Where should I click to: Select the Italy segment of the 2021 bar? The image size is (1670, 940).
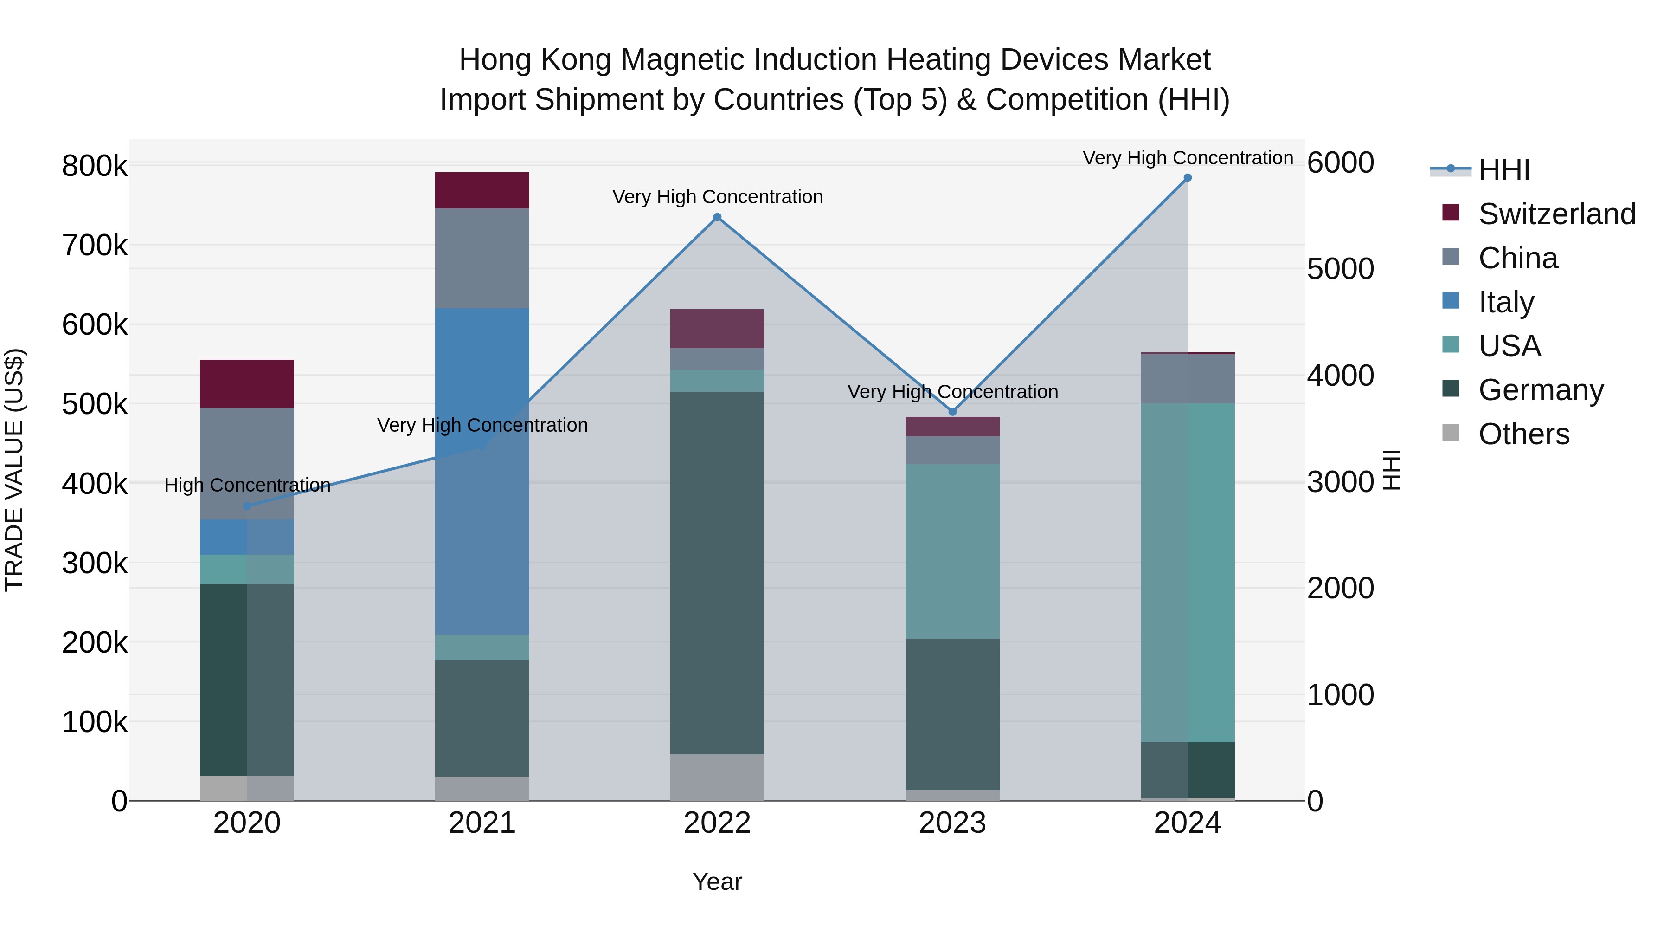[482, 471]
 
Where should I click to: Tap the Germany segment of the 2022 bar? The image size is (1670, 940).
[717, 572]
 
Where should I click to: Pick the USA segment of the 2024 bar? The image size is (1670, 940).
[1187, 572]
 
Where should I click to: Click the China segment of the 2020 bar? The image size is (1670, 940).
[247, 463]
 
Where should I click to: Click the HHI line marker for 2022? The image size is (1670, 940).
[717, 217]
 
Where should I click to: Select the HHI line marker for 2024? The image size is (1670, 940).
[1187, 178]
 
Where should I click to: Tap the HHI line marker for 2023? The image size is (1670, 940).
[952, 411]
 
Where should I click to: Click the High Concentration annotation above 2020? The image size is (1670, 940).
[247, 485]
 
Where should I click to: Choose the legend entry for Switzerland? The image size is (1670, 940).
[1556, 214]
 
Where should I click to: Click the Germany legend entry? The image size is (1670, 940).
[1540, 390]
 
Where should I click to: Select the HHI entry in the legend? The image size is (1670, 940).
[1504, 170]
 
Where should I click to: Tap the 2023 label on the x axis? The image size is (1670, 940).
[952, 823]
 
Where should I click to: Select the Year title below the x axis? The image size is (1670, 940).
[717, 882]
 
